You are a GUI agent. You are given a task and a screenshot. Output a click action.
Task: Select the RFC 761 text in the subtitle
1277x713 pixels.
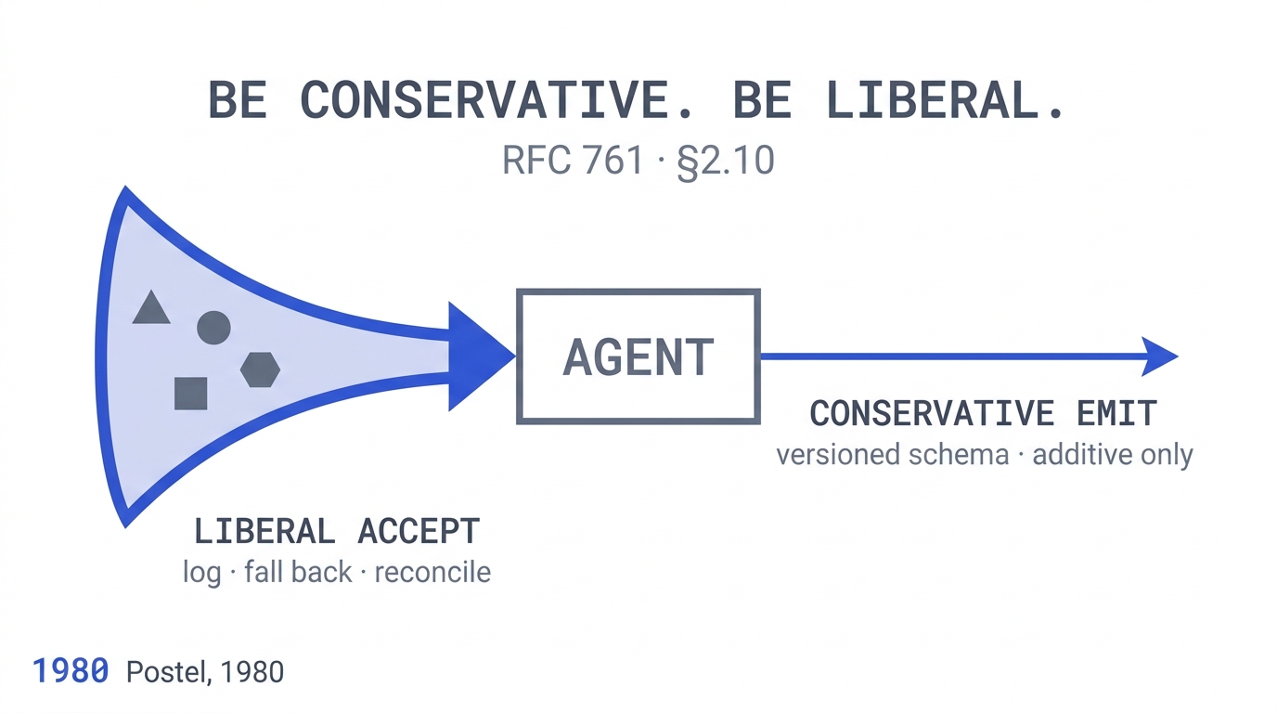click(x=573, y=161)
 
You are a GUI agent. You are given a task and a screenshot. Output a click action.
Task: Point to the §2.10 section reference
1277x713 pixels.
click(x=726, y=162)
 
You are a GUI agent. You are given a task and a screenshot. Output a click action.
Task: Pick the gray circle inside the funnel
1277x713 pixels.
click(x=213, y=328)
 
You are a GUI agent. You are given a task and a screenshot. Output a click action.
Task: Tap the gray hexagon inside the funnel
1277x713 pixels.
click(x=260, y=369)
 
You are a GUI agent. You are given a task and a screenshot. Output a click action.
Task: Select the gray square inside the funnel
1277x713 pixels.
click(x=191, y=394)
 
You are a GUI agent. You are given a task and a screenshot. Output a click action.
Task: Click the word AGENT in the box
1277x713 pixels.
click(x=638, y=357)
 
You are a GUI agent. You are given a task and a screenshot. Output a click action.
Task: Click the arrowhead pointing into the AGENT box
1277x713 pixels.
click(x=477, y=356)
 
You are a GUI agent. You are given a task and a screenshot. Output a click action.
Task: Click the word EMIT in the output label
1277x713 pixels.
click(x=1116, y=413)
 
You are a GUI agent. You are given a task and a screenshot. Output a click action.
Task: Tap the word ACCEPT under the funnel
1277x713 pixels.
click(x=419, y=532)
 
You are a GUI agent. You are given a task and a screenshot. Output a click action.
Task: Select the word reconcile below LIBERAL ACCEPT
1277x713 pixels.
click(x=432, y=572)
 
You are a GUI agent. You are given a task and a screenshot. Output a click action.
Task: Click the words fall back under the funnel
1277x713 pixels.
click(x=298, y=572)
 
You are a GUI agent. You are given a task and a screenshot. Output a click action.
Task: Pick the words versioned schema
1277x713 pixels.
click(x=893, y=455)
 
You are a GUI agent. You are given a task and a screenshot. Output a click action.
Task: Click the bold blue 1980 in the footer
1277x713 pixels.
click(x=71, y=671)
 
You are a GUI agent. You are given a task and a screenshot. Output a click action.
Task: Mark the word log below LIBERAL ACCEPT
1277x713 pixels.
click(x=201, y=573)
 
